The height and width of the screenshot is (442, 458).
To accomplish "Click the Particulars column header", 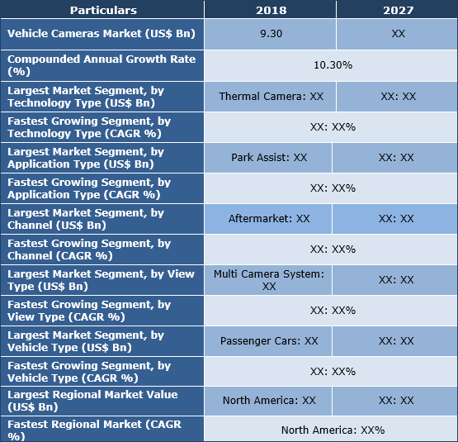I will (x=103, y=10).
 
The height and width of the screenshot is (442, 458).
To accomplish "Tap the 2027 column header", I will (x=397, y=10).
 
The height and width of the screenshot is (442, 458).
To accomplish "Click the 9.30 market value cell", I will (x=270, y=35).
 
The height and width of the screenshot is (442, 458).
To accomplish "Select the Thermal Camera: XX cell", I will (x=271, y=97).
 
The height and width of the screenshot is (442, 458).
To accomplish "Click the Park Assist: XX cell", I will (x=269, y=157).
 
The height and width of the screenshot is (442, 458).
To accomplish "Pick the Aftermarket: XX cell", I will (x=269, y=219).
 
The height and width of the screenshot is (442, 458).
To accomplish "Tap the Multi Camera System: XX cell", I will (x=268, y=279).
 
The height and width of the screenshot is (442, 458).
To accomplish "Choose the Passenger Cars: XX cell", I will (x=269, y=340).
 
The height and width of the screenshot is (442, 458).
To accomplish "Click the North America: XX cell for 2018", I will (x=269, y=400).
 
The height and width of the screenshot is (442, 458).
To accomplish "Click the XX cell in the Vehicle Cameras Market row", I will (x=397, y=35).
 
